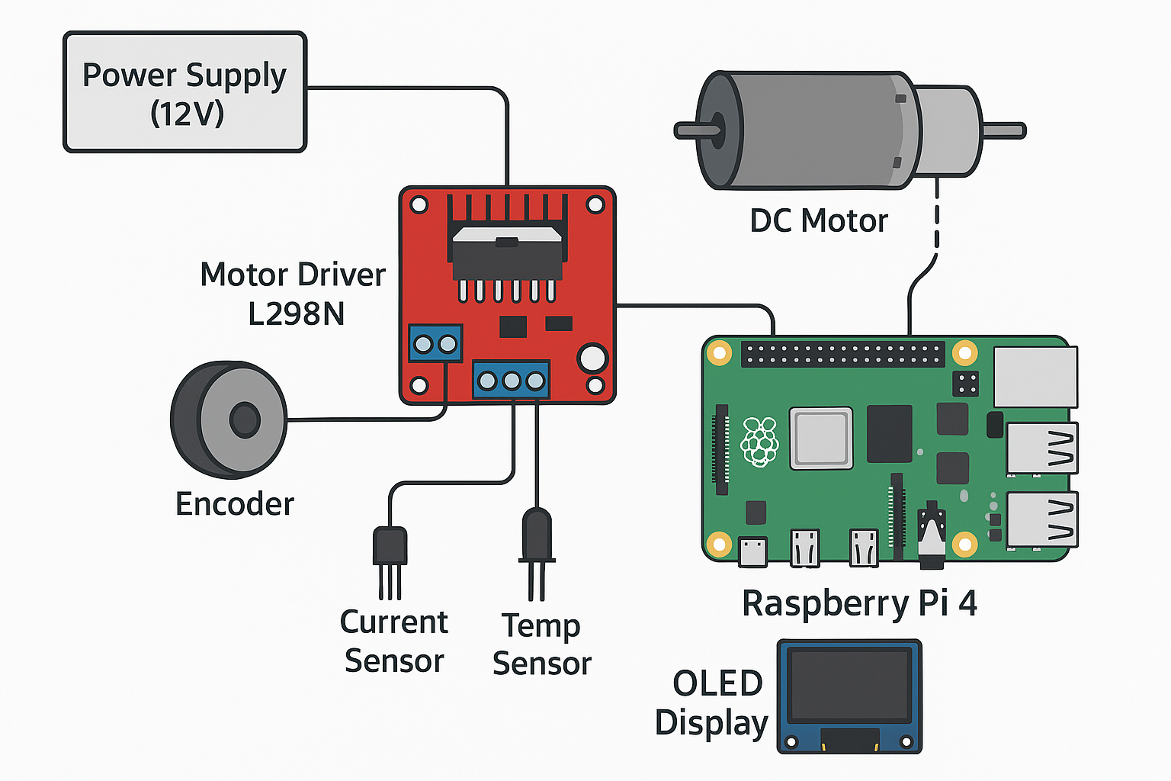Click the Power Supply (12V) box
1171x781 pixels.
tap(184, 92)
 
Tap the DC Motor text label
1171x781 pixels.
tap(819, 221)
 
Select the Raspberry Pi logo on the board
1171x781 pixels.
tap(759, 442)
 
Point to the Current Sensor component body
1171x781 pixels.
tap(390, 545)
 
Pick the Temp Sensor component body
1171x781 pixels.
tap(537, 534)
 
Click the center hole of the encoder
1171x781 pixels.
tap(244, 420)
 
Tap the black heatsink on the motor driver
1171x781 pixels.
tap(507, 252)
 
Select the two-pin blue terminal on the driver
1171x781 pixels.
tap(435, 344)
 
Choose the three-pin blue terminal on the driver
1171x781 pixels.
tap(511, 380)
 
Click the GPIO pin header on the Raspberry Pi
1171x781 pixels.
tap(842, 354)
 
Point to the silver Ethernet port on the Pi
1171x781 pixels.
tap(1035, 377)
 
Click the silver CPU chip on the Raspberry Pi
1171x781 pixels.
tap(821, 439)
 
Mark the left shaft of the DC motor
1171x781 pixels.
tap(695, 130)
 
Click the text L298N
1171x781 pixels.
tap(297, 313)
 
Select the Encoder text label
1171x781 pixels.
tap(235, 504)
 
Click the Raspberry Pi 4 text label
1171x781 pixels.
tap(859, 603)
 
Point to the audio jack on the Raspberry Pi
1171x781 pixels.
tap(931, 538)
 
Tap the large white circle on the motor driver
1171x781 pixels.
tap(592, 358)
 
